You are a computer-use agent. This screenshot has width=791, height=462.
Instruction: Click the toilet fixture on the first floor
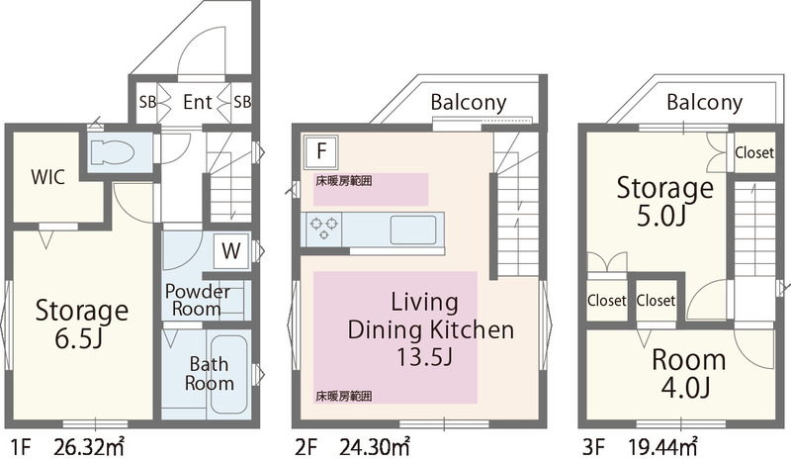tap(112, 152)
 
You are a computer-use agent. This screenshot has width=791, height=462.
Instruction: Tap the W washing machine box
tap(231, 251)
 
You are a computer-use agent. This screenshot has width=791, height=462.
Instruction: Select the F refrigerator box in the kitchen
tap(320, 150)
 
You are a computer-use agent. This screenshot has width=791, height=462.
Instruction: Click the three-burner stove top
tap(323, 228)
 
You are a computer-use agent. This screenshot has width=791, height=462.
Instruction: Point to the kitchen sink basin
tap(413, 230)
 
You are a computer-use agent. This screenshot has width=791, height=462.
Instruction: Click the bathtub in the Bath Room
tap(229, 374)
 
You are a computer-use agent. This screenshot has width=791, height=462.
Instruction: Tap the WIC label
tap(47, 177)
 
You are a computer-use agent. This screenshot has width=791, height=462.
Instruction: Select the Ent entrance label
tap(197, 102)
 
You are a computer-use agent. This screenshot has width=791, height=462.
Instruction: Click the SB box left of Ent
tap(147, 102)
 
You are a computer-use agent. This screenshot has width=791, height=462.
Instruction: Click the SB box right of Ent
tap(242, 102)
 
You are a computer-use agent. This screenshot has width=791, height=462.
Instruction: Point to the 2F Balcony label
tap(468, 103)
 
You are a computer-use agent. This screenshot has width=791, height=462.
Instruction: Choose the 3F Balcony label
tap(704, 103)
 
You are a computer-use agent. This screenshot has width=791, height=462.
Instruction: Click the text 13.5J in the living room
tap(424, 357)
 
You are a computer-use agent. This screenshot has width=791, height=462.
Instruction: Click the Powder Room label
tap(197, 300)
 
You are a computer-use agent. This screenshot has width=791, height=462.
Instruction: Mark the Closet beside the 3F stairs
tap(754, 152)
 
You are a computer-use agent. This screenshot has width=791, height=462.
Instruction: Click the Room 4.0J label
tap(688, 374)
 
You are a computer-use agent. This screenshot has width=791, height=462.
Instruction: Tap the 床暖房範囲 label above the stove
tap(343, 181)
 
